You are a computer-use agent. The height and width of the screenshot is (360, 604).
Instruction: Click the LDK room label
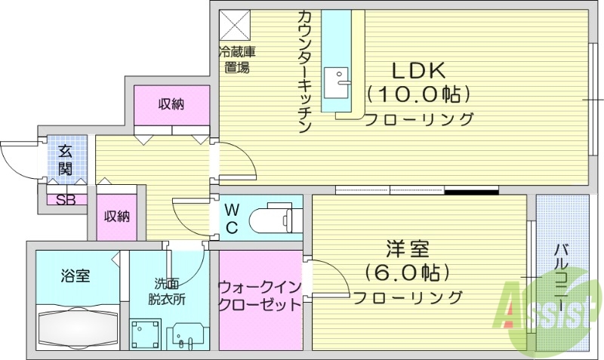coord(419,70)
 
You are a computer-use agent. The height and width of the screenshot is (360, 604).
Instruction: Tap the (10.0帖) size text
coord(419,94)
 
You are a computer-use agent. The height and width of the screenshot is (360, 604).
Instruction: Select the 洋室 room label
coord(408,247)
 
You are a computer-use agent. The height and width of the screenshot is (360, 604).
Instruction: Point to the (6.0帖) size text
coord(408,271)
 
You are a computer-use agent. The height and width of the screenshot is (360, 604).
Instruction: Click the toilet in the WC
coord(275,218)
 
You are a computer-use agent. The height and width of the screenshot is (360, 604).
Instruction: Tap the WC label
coord(231,218)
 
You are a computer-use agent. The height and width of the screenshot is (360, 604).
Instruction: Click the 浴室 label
coord(75,275)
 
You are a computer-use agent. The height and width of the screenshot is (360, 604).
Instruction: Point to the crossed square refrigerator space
coord(236,26)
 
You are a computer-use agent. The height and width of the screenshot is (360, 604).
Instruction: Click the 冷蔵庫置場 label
coord(237,60)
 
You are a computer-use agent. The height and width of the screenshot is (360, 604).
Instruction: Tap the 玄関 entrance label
coord(66,159)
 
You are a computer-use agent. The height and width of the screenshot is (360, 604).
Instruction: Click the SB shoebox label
coord(66,201)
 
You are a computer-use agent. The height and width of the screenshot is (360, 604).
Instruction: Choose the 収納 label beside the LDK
coord(171,104)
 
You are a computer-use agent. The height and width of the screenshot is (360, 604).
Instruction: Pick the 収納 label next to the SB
coord(117,217)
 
